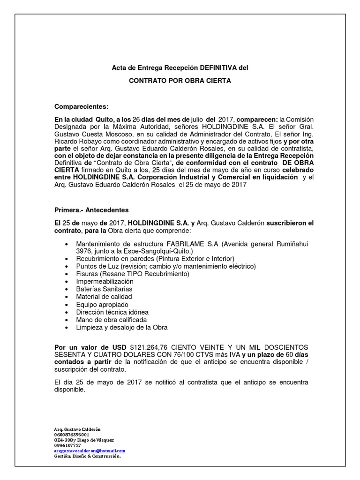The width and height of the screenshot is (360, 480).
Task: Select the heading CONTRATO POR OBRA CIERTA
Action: [180, 81]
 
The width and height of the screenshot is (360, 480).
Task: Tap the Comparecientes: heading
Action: [82, 106]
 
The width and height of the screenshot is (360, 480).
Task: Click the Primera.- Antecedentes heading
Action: [91, 210]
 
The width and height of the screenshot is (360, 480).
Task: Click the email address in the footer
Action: [90, 450]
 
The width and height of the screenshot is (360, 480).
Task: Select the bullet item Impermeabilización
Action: [105, 281]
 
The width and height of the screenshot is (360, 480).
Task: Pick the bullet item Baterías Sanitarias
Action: [104, 289]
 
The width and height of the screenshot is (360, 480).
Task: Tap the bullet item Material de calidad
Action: [104, 297]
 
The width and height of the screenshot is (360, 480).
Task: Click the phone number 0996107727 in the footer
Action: [67, 445]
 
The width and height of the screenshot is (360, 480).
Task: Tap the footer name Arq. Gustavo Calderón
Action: [78, 429]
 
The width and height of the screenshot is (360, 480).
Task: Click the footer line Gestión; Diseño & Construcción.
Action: [88, 456]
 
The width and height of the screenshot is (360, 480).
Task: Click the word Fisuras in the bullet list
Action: [87, 274]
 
